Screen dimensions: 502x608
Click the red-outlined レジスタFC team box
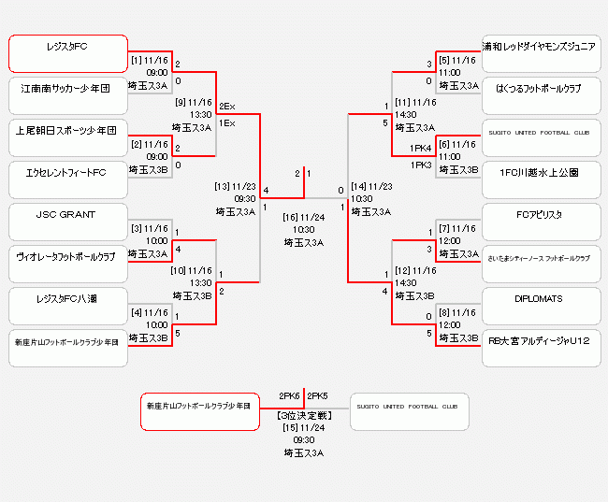click(x=68, y=53)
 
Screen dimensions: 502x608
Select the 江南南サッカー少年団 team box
click(x=68, y=95)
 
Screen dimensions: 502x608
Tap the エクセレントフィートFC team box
click(x=68, y=179)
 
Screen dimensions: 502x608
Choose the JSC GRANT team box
click(x=68, y=222)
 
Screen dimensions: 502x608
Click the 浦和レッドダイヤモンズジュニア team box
click(x=541, y=53)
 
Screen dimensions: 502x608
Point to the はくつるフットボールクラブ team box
click(x=541, y=95)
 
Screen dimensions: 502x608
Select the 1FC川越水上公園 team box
click(x=541, y=179)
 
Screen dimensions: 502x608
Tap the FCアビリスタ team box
click(x=541, y=222)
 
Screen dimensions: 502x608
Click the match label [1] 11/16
click(x=150, y=60)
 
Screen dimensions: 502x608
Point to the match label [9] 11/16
click(x=194, y=102)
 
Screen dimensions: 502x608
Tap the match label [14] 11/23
click(x=371, y=186)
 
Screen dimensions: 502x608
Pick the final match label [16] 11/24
click(x=303, y=216)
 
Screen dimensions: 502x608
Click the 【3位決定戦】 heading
click(x=304, y=414)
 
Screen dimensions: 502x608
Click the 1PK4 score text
click(x=420, y=149)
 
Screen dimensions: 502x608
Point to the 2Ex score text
click(x=227, y=107)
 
